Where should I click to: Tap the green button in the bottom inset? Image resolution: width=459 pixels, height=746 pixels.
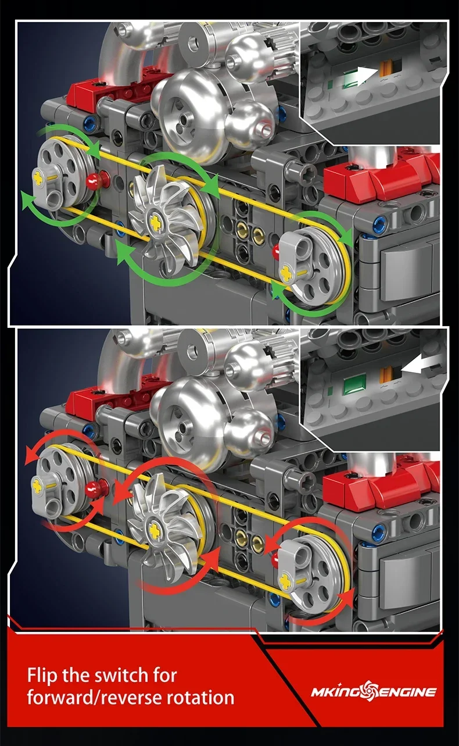pyautogui.click(x=352, y=385)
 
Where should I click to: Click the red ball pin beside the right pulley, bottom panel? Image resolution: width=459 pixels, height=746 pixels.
pyautogui.click(x=275, y=559)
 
